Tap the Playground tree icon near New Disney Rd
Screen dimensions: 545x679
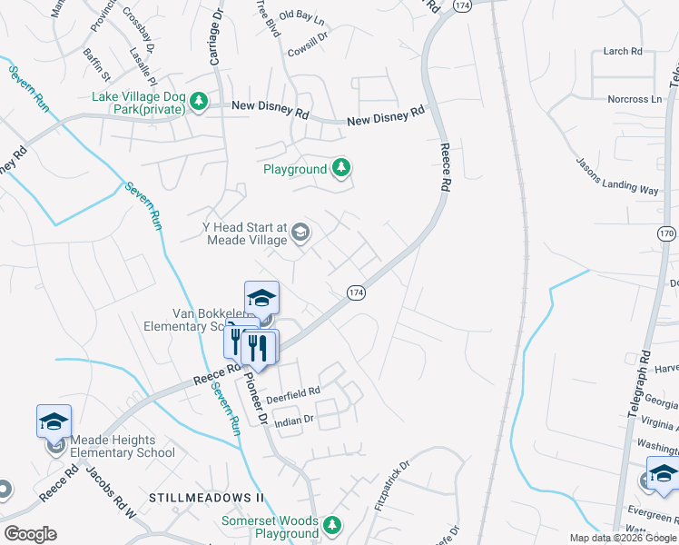click(x=340, y=168)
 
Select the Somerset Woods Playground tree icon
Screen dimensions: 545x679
click(x=333, y=526)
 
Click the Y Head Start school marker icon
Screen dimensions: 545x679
click(x=300, y=234)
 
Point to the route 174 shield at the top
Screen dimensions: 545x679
click(x=463, y=5)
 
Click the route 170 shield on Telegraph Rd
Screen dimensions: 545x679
click(x=666, y=233)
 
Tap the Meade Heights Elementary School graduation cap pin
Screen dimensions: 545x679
click(x=54, y=421)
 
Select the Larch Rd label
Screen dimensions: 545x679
click(x=623, y=52)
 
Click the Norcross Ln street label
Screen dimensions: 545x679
click(x=635, y=99)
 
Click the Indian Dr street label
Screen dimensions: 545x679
click(x=294, y=420)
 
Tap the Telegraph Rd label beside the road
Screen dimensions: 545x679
click(x=636, y=384)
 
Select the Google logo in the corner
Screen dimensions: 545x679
click(x=31, y=534)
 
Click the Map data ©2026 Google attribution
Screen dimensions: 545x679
click(x=623, y=538)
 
